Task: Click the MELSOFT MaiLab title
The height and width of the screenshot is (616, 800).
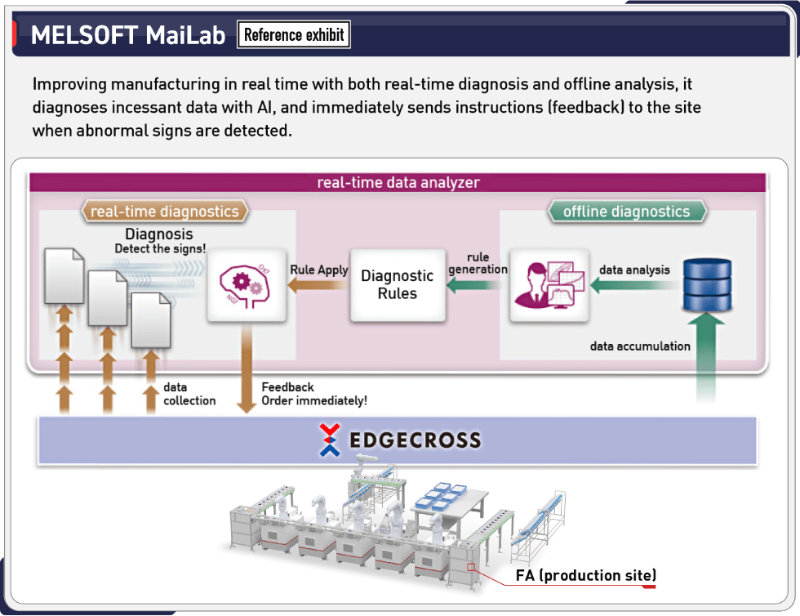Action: [127, 35]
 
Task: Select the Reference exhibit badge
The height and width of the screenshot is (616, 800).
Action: [294, 34]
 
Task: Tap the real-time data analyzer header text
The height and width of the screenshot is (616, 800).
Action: [398, 181]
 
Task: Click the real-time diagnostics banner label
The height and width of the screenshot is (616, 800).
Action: [164, 212]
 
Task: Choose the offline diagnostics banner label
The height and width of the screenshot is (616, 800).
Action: [626, 212]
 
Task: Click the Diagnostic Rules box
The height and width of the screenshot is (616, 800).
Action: [398, 284]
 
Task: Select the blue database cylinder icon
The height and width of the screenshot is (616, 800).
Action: [707, 284]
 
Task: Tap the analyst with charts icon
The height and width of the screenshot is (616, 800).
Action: [549, 284]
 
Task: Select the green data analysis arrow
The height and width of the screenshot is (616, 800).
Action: [633, 285]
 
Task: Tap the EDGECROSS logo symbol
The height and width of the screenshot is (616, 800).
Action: [330, 440]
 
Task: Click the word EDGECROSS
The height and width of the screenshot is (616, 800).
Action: [415, 441]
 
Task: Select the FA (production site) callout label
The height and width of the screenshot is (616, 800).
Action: [585, 575]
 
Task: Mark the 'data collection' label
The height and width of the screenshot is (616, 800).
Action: [189, 394]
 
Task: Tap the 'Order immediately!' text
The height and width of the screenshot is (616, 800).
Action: [314, 400]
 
